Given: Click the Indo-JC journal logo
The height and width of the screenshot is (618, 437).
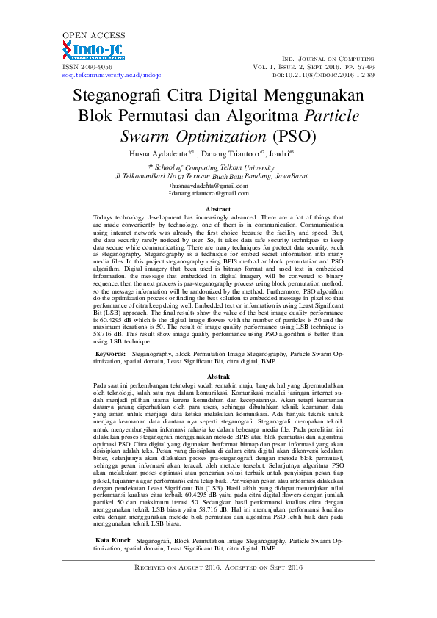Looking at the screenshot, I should click(x=93, y=51).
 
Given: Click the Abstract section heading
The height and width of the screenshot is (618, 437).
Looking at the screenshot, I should click(x=218, y=210).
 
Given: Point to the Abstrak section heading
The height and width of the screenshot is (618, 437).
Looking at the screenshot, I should click(x=218, y=375).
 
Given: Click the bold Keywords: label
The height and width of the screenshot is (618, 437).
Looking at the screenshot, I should click(x=111, y=354).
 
